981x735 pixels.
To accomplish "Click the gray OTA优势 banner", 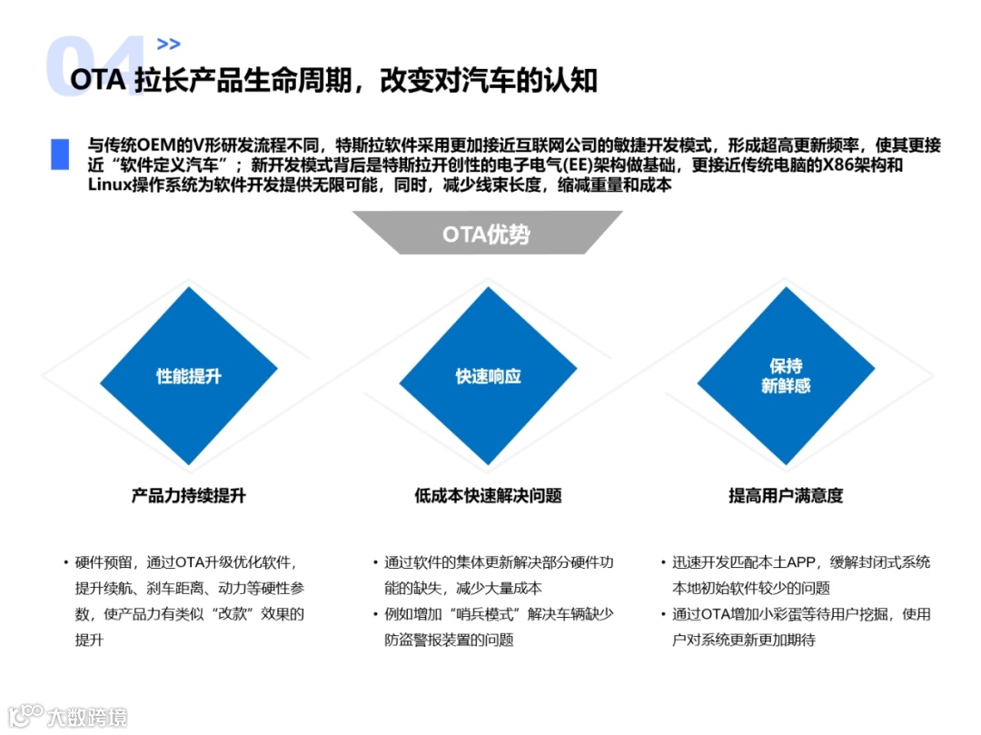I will (487, 233).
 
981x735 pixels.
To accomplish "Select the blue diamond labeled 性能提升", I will (189, 376).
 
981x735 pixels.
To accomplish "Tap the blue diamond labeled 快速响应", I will (489, 376).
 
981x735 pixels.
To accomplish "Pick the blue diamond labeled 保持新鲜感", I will (786, 376).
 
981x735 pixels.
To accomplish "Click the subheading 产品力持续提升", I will (188, 496).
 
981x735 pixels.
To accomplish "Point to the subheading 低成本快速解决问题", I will (488, 496).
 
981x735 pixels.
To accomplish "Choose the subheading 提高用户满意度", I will (786, 496).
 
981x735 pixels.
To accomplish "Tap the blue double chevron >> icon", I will (168, 44).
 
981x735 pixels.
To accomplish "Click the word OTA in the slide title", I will (96, 81).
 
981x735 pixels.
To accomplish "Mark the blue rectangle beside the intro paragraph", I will (60, 154).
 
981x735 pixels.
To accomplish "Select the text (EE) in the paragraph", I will (570, 165).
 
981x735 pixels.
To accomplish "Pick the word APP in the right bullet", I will (800, 562).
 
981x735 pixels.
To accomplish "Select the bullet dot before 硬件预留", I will (65, 562).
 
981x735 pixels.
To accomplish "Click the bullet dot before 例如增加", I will (376, 614).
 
